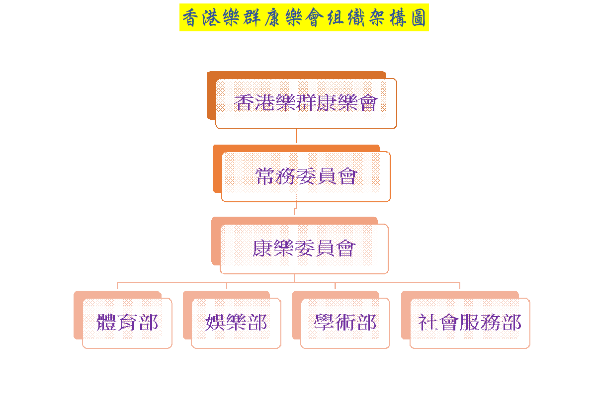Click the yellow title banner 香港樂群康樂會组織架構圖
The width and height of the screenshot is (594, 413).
point(304,18)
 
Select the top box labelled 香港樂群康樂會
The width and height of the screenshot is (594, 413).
point(306,103)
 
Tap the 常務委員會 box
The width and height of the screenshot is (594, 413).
point(306,176)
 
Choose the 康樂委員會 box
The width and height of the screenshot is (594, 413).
point(304,248)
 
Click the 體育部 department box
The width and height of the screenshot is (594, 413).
point(127,323)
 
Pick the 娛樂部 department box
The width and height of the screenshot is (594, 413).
point(236,323)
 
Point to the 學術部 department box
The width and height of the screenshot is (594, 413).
point(345,323)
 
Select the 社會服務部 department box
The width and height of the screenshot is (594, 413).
point(470,323)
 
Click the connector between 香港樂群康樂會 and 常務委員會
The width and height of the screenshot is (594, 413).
point(296,136)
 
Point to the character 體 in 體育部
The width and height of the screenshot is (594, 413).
point(106,323)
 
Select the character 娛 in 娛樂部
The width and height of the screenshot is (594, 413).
point(215,323)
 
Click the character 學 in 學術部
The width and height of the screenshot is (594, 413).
point(324,323)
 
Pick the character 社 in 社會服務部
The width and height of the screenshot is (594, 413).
point(428,323)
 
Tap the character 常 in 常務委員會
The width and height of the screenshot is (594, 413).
point(265,176)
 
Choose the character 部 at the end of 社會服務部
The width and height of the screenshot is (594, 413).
point(511,323)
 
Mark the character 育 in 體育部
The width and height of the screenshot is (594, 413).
point(127,323)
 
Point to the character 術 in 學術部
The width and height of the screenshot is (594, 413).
point(345,323)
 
